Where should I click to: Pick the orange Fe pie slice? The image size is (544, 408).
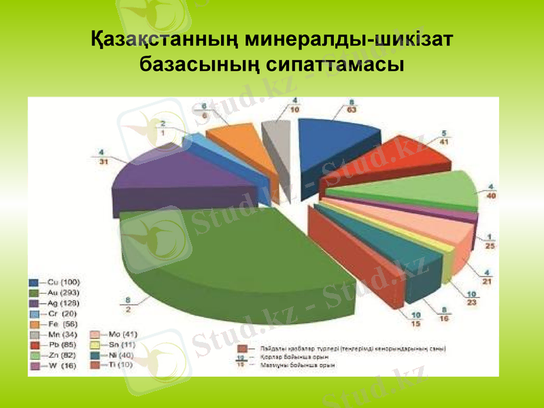[235, 139]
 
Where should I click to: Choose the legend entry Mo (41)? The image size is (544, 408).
[122, 335]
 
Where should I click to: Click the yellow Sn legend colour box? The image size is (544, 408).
[95, 345]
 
